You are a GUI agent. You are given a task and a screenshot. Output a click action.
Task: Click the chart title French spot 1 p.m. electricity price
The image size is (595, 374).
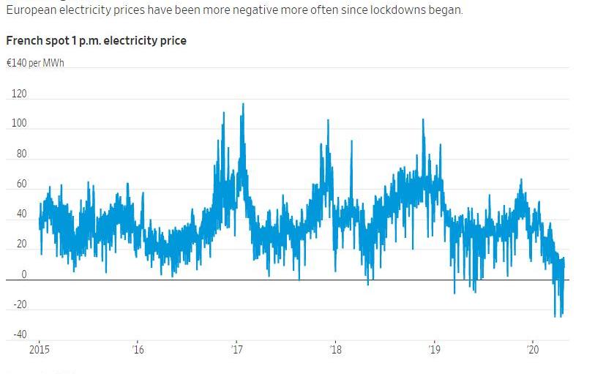pos(96,41)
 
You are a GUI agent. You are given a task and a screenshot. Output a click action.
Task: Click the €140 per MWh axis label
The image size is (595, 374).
pos(35,63)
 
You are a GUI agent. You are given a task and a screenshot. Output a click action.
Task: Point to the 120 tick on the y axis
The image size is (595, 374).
pos(19,94)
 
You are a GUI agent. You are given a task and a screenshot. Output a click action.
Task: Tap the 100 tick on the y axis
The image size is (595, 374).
pos(19,124)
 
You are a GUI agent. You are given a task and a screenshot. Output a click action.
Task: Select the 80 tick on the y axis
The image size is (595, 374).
pos(20,154)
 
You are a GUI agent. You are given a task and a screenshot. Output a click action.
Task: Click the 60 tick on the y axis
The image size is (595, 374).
pos(20,184)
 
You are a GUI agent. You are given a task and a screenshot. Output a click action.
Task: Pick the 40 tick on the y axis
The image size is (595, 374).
pos(20,214)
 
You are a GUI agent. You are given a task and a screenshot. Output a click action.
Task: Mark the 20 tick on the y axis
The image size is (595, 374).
pos(20,244)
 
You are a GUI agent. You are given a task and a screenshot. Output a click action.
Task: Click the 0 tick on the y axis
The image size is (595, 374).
pos(23,275)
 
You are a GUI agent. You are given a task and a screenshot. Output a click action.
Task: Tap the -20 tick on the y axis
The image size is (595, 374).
pos(19,305)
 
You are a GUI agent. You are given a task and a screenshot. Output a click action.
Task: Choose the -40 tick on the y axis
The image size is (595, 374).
pos(19,335)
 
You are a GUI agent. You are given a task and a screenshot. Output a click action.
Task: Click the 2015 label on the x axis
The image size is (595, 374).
pos(40,350)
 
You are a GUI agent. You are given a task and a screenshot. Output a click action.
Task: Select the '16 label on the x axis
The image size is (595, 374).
pos(138,350)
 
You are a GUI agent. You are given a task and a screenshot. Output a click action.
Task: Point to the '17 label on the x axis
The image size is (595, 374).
pos(236,350)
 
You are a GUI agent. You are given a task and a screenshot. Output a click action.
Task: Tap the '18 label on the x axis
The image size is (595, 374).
pos(335,350)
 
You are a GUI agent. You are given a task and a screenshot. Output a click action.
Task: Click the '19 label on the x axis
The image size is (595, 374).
pos(434,350)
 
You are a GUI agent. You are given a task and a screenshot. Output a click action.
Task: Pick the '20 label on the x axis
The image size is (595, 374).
pos(533,350)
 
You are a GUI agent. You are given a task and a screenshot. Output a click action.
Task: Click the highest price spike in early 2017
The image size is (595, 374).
pos(243,104)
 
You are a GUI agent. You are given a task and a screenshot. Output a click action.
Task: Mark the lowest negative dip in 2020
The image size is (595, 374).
pos(555,316)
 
